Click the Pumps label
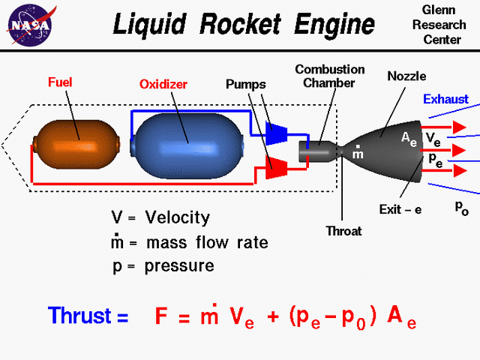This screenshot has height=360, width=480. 246,84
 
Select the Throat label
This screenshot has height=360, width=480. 343,232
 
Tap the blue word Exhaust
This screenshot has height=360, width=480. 445,99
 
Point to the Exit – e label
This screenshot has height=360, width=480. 400,210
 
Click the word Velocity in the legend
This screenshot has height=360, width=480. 178,218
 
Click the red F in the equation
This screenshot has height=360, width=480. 161,316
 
